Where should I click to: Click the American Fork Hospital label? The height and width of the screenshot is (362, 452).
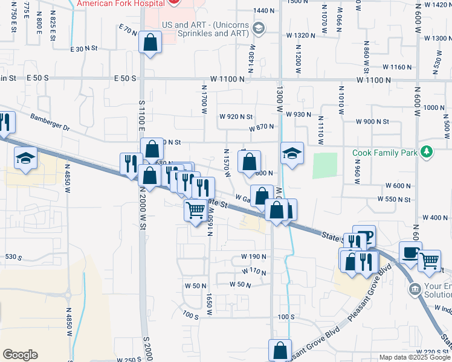click(120, 3)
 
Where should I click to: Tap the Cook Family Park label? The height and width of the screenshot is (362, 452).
click(385, 153)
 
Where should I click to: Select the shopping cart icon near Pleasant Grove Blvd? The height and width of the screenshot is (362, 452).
click(429, 261)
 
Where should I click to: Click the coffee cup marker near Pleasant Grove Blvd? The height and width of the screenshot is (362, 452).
click(410, 253)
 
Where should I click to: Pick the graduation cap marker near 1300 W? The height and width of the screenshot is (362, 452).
click(291, 152)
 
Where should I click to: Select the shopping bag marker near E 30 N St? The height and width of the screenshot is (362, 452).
click(149, 43)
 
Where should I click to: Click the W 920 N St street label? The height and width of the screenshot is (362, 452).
click(236, 116)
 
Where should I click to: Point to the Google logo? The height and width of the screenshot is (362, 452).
click(20, 355)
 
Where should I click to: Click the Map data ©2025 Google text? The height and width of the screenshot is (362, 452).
click(414, 357)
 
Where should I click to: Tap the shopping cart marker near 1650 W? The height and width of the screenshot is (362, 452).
click(195, 211)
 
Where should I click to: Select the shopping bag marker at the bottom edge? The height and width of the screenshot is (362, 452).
click(280, 351)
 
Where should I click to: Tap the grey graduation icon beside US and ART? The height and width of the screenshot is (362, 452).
click(259, 28)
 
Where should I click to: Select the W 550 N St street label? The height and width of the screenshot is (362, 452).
click(394, 199)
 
